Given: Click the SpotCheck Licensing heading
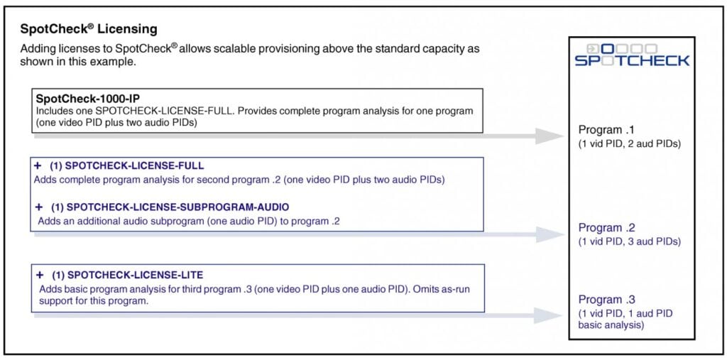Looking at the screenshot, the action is (x=89, y=29).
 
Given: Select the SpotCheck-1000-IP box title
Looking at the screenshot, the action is (x=87, y=99).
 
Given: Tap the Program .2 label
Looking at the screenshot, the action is (x=607, y=228).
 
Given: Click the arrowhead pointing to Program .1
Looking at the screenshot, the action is (x=550, y=136).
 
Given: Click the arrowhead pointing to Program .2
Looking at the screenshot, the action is (x=550, y=235).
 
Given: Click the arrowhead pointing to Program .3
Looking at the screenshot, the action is (x=548, y=315).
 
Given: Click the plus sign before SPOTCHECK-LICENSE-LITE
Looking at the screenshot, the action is (x=40, y=275).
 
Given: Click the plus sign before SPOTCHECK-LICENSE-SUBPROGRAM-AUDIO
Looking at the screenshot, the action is (x=39, y=207).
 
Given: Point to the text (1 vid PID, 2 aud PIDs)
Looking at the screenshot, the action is (x=629, y=144).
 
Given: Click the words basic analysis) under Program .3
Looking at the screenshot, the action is (x=611, y=325).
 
